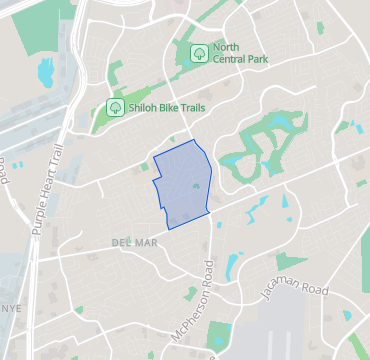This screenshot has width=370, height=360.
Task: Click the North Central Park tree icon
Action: [x=199, y=52]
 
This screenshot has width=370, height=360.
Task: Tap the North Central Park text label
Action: [x=240, y=52]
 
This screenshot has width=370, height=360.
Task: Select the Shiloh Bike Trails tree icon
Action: [x=115, y=107]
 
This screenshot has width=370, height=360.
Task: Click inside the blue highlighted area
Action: [x=180, y=185]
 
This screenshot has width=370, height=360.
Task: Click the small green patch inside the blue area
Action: [x=196, y=186]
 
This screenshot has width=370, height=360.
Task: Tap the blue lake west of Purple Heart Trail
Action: [x=45, y=72]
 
